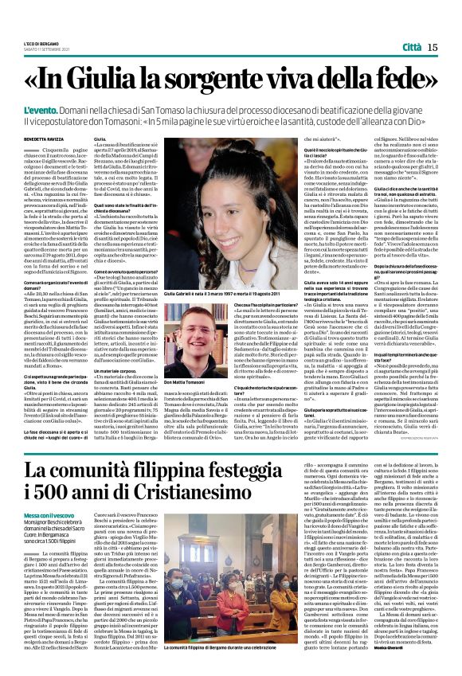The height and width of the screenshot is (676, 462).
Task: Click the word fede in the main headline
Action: click(x=402, y=81)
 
